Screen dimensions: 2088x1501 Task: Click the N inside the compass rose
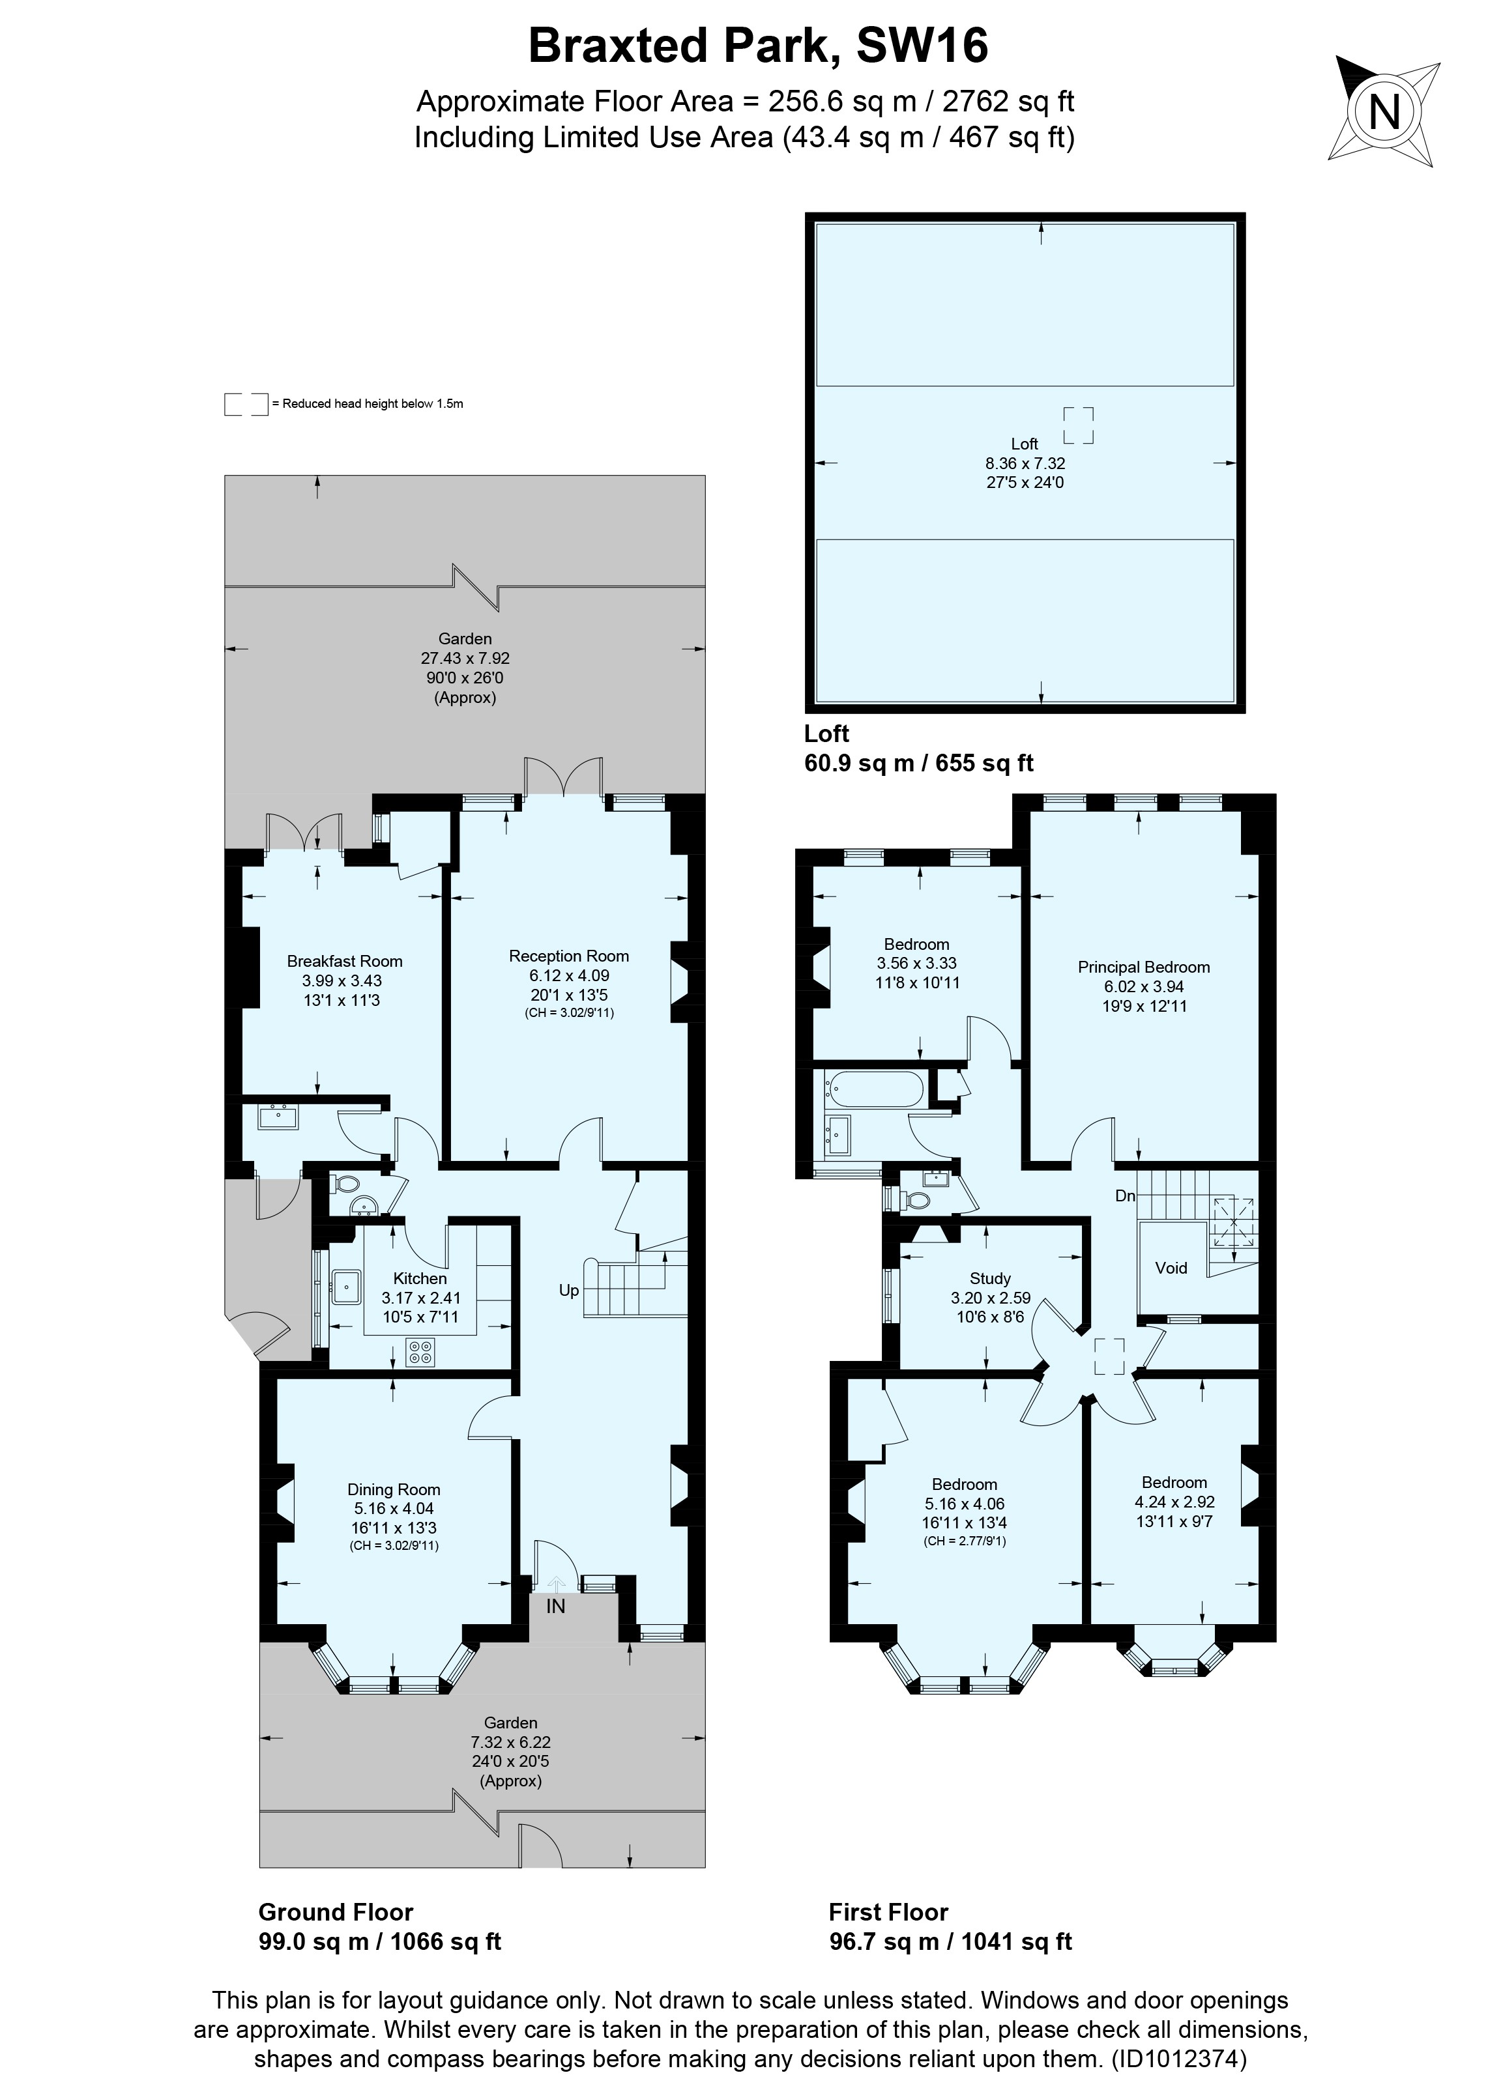[x=1384, y=113]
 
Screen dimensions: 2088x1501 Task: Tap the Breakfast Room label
[x=344, y=961]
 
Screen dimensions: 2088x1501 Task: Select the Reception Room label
[x=568, y=956]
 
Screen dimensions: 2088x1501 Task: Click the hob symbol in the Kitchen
[x=420, y=1352]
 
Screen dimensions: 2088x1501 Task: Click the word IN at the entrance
[x=555, y=1607]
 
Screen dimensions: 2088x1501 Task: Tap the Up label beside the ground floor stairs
[x=568, y=1291]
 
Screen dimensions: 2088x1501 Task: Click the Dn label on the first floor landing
[x=1124, y=1196]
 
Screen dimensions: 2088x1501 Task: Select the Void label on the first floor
[x=1171, y=1268]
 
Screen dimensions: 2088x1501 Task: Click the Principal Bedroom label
[x=1144, y=967]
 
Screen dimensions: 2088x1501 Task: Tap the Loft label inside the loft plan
[x=1024, y=444]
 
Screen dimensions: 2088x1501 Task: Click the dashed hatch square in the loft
[x=1078, y=425]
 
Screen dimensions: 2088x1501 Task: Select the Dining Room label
[x=393, y=1489]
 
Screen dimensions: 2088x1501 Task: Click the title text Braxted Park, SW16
[x=758, y=46]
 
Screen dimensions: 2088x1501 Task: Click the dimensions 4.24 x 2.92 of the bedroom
[x=1174, y=1502]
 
